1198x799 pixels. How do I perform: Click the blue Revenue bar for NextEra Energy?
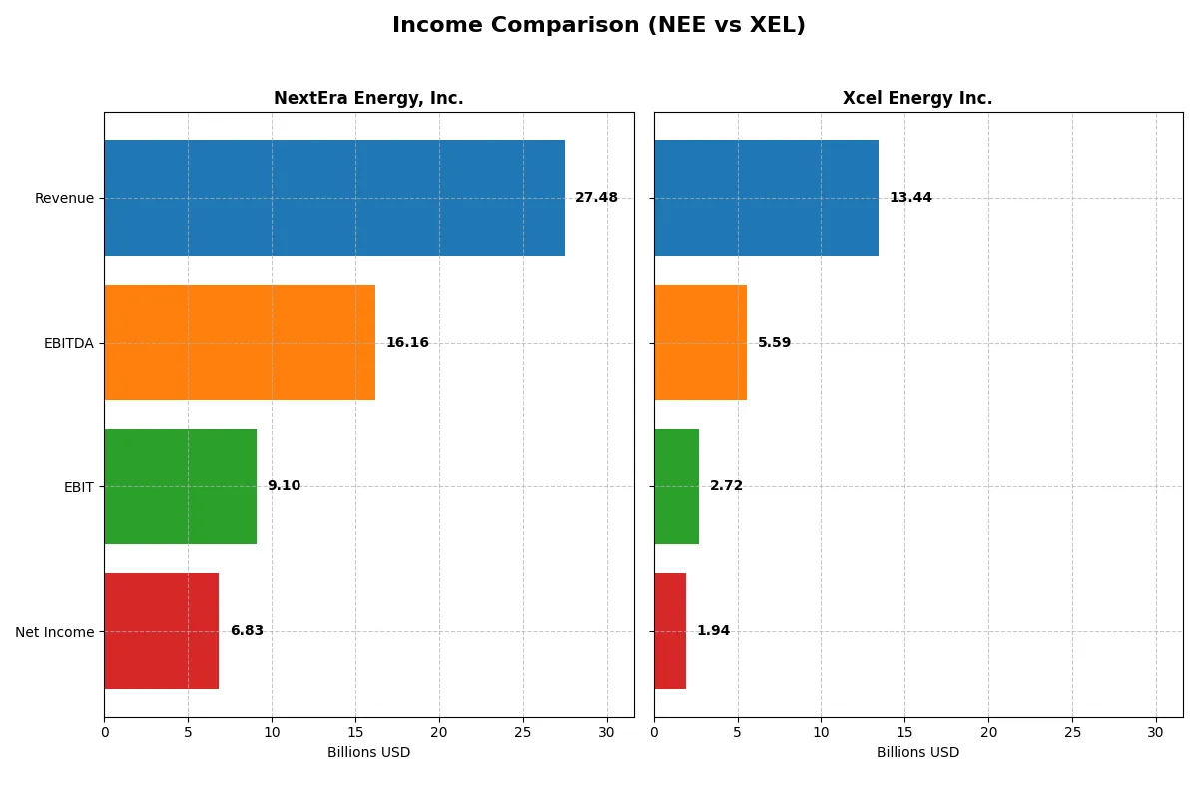[x=334, y=198]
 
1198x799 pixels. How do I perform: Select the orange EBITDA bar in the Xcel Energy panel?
[x=700, y=343]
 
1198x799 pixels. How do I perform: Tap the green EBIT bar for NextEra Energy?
[x=180, y=486]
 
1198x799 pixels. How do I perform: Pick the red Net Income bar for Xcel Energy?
[x=670, y=631]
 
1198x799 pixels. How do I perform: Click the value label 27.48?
[x=596, y=198]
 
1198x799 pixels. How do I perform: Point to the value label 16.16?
[x=407, y=343]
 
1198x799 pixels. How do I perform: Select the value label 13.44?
[x=910, y=198]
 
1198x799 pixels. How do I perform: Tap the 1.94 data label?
[x=713, y=631]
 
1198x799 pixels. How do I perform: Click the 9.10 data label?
[x=284, y=486]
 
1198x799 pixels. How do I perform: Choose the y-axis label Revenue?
[x=64, y=198]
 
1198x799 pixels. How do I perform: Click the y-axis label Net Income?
[x=55, y=632]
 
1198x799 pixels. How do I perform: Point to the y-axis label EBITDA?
[x=69, y=343]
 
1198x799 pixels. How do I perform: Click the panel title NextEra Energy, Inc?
[x=368, y=98]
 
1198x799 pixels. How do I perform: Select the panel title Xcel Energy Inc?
[x=917, y=98]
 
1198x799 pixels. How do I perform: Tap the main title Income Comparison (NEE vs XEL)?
[x=598, y=25]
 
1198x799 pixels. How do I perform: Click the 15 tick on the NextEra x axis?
[x=355, y=732]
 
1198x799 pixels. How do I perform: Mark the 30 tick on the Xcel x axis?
[x=1156, y=732]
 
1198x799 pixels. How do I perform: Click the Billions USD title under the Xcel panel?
[x=917, y=752]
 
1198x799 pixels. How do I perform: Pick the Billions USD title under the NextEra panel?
[x=368, y=752]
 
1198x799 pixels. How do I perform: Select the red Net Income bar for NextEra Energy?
[x=161, y=631]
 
